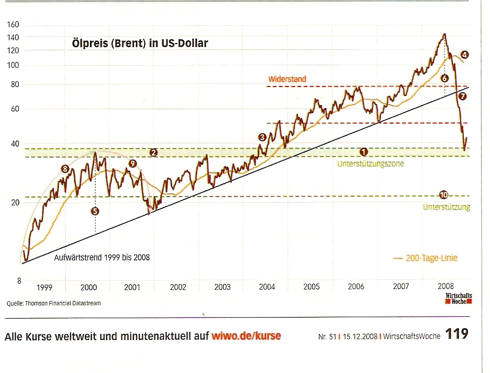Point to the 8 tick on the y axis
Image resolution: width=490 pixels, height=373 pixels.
(x=19, y=281)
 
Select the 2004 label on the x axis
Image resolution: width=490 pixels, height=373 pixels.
(x=267, y=287)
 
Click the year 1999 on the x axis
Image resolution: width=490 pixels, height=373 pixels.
(x=44, y=287)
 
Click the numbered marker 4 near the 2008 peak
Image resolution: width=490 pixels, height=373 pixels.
(x=464, y=55)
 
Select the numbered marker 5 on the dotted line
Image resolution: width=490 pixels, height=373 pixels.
(x=95, y=211)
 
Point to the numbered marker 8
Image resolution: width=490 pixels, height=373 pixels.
(x=65, y=169)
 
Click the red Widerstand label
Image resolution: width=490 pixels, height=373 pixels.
(x=287, y=79)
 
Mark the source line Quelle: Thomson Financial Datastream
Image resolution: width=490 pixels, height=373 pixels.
(x=54, y=303)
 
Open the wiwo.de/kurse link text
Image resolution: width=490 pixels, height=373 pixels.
(x=245, y=336)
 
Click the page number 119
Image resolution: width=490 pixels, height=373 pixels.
(x=457, y=334)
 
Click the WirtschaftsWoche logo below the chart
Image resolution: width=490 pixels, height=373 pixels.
(x=458, y=298)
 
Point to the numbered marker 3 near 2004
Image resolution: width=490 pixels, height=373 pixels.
(x=262, y=137)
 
